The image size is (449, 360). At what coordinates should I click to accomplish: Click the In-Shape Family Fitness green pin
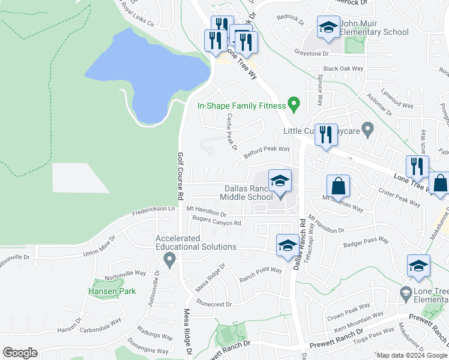[294, 104]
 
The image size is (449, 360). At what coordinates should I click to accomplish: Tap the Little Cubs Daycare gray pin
[369, 129]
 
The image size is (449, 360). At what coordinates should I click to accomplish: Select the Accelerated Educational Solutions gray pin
[169, 259]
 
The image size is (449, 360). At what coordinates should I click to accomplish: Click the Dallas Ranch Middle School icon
[280, 180]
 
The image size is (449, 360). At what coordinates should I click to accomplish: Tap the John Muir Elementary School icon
[328, 27]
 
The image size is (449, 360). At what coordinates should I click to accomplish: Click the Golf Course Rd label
[179, 176]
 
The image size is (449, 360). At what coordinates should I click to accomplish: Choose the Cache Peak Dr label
[232, 133]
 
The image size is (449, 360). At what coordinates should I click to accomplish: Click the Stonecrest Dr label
[213, 304]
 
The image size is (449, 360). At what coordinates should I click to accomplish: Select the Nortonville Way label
[125, 272]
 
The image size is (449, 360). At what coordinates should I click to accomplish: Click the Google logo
[19, 353]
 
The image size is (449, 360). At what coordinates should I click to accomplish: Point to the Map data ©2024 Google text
[411, 355]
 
